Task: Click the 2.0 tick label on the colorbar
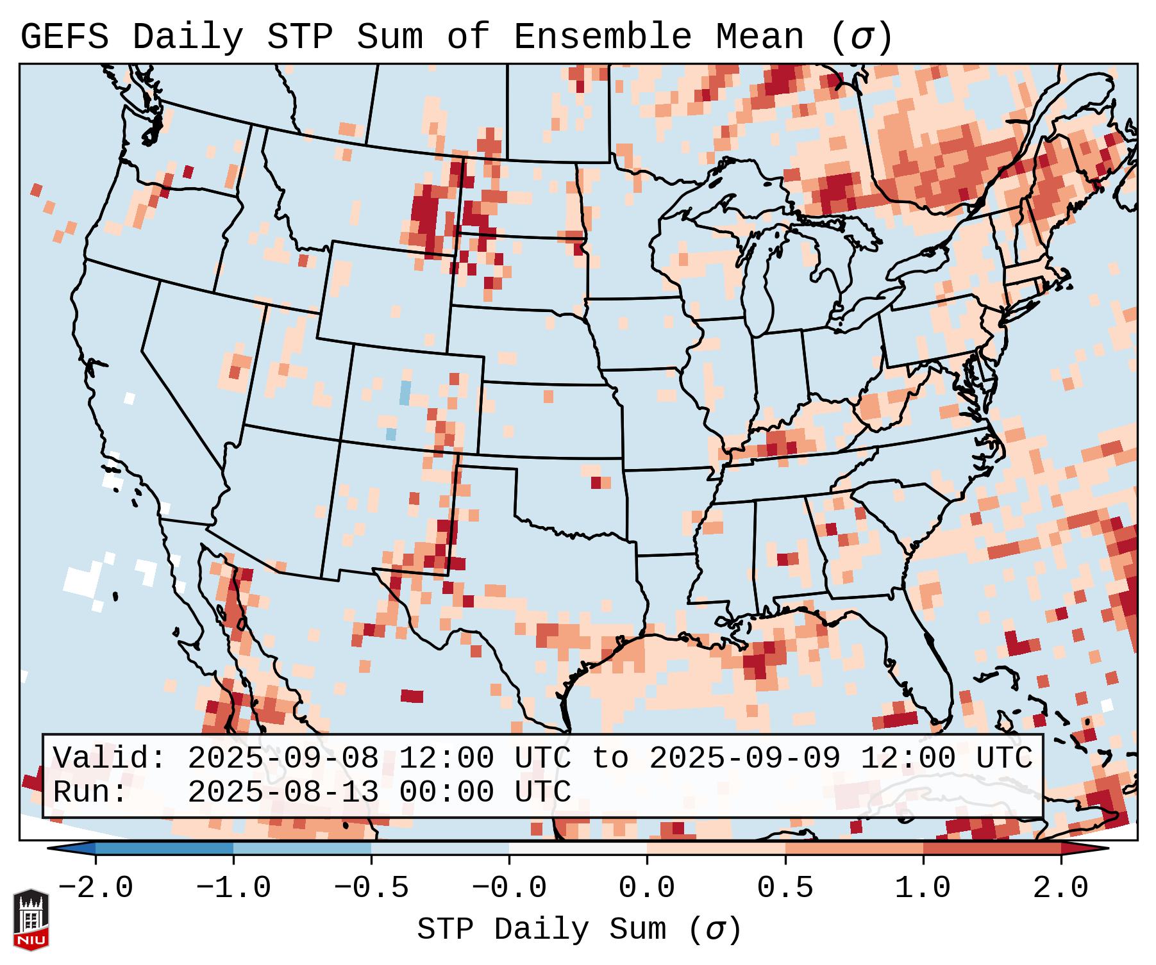[x=1061, y=888]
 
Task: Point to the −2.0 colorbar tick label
[x=96, y=888]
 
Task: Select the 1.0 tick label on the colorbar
[x=923, y=888]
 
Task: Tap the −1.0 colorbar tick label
[x=233, y=888]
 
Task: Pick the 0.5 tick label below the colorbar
[x=785, y=888]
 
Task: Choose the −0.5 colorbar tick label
[x=371, y=888]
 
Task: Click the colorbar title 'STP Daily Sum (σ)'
[x=579, y=930]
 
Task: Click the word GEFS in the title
[x=64, y=37]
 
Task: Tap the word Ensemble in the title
[x=602, y=37]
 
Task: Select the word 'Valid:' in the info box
[x=110, y=758]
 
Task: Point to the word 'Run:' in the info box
[x=90, y=792]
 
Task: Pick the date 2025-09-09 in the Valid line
[x=744, y=758]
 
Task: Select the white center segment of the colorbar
[x=578, y=848]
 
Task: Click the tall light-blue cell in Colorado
[x=405, y=392]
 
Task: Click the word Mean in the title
[x=760, y=37]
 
